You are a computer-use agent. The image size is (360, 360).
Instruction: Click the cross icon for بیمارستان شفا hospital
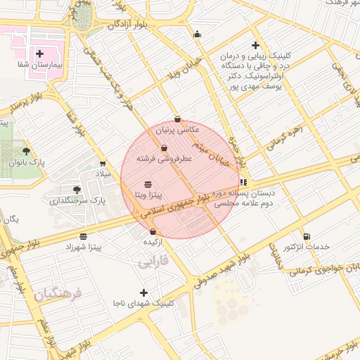(40, 53)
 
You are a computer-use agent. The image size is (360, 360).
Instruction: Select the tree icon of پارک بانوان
(27, 150)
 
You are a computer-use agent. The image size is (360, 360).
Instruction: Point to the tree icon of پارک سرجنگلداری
(77, 189)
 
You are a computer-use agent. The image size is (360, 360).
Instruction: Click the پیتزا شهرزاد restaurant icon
(84, 236)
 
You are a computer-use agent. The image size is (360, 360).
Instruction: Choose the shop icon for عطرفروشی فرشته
(164, 148)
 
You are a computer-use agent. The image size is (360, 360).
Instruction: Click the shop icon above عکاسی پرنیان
(177, 119)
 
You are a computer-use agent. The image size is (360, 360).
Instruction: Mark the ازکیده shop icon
(153, 231)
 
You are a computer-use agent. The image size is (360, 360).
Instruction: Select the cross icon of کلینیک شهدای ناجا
(144, 292)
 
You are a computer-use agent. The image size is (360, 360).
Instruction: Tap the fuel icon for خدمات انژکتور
(306, 236)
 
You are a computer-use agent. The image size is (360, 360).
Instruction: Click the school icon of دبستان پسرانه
(243, 182)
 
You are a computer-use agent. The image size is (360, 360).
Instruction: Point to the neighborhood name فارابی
(154, 262)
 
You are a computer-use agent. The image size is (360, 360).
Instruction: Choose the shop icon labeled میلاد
(103, 163)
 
